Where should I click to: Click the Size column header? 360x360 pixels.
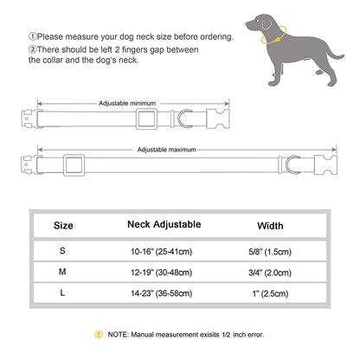pos(64,226)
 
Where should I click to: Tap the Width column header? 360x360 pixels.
pos(270,226)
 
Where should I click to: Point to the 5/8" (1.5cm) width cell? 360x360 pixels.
pos(270,252)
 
